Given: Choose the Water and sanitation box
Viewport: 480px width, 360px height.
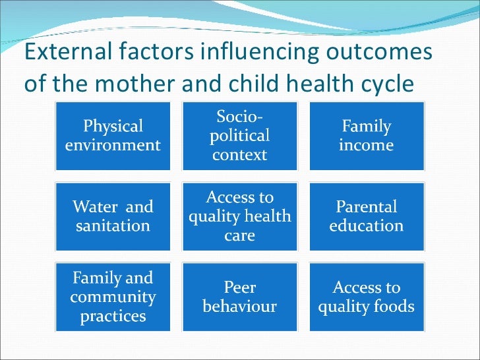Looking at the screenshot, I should tap(113, 216).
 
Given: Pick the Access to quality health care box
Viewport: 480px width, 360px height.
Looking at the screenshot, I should tap(239, 216).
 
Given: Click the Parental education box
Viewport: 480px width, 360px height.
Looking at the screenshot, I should tap(366, 216).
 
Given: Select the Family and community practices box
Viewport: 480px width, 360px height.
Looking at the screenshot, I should tap(113, 297).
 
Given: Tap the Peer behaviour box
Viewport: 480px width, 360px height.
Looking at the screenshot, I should tap(239, 297).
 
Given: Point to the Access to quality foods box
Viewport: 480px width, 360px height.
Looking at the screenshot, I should tap(366, 297).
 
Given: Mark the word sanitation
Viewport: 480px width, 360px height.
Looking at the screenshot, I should tap(112, 225).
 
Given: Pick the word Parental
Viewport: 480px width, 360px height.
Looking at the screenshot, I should tap(366, 207).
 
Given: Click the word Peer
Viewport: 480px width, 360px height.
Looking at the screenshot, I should tap(239, 288).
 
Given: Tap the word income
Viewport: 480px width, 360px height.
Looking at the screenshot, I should tap(365, 144).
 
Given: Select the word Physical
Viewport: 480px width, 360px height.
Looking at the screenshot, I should tap(113, 126).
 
